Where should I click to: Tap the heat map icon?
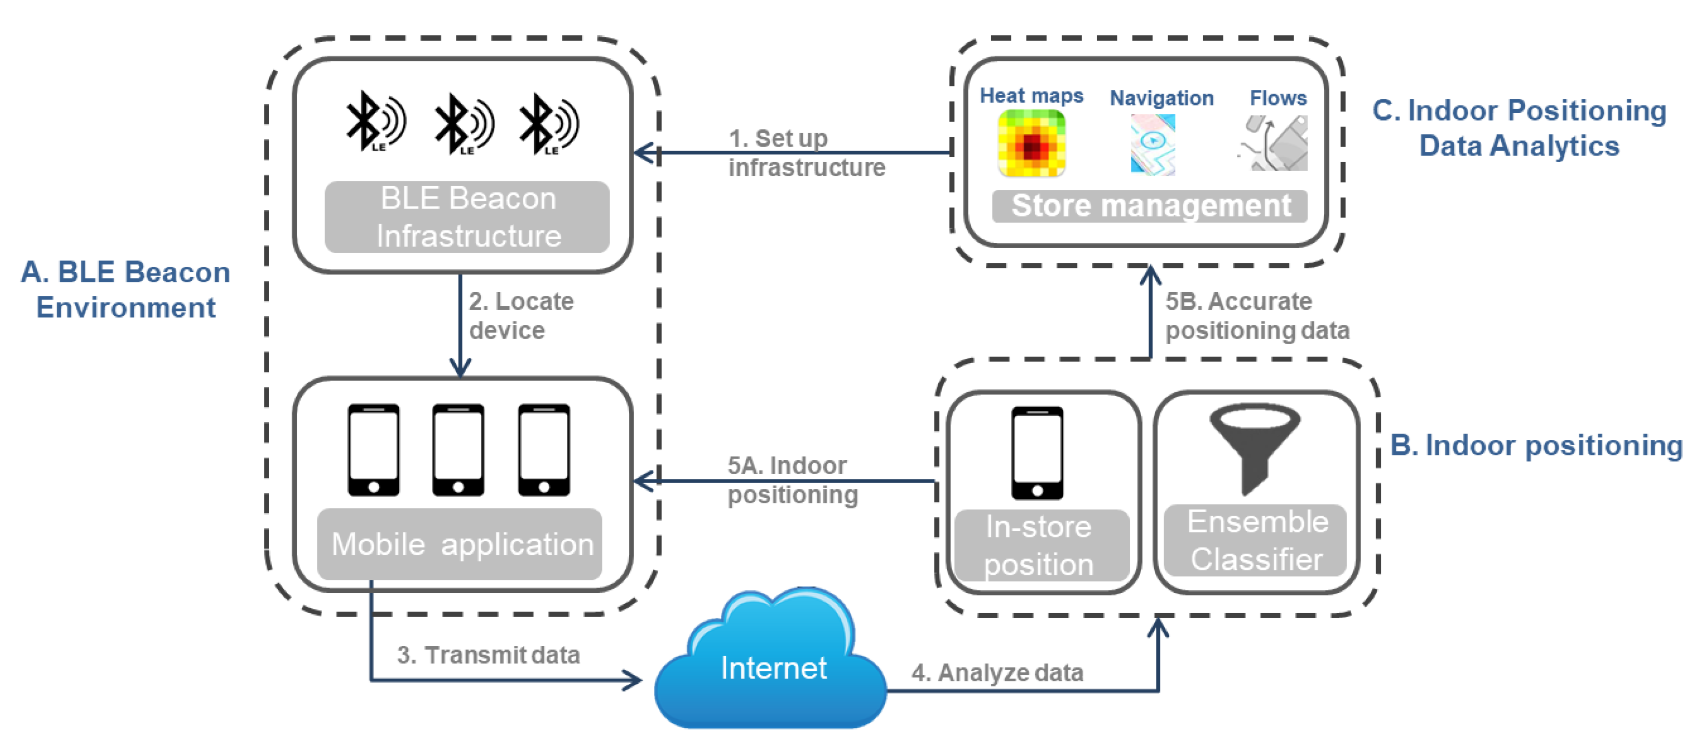1032,143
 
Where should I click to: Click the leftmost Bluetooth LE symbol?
375,123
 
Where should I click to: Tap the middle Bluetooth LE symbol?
464,124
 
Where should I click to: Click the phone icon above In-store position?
1037,453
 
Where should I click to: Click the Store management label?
1150,206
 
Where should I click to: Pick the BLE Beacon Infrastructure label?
468,217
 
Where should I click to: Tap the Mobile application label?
461,544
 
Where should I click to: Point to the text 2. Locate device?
521,316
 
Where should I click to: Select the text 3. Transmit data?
488,655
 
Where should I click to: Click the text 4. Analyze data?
997,672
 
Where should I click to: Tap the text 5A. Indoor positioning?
791,479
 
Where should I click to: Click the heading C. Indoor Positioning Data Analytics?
1519,128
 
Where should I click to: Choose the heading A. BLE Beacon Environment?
126,289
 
